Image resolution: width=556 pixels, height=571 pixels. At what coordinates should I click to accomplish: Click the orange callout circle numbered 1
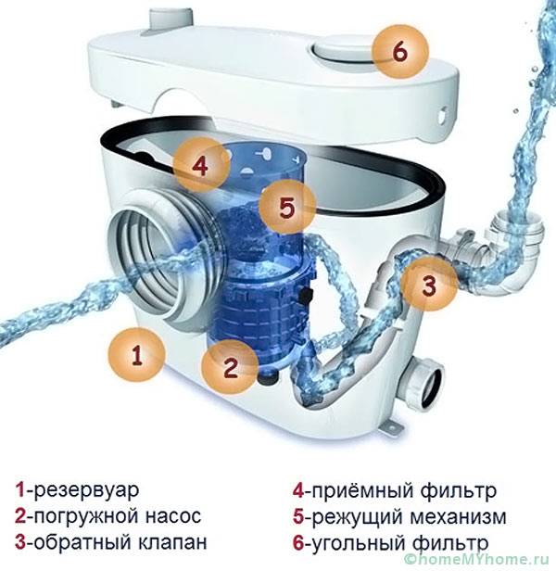[x=137, y=355]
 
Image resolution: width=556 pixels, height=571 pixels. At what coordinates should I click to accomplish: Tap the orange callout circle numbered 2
[x=230, y=367]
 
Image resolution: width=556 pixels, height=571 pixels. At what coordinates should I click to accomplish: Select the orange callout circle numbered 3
[x=429, y=285]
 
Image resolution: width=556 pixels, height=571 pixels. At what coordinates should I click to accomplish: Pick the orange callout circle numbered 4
[x=201, y=165]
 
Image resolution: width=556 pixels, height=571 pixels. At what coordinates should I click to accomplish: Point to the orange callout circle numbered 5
[x=287, y=208]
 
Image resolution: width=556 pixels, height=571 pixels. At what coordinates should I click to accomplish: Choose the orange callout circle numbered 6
[x=400, y=51]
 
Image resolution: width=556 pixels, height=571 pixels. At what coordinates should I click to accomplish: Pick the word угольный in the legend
[x=359, y=543]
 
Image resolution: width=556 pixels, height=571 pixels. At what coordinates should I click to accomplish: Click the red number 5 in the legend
[x=297, y=517]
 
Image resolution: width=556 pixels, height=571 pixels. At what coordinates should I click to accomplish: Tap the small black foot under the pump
[x=269, y=378]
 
